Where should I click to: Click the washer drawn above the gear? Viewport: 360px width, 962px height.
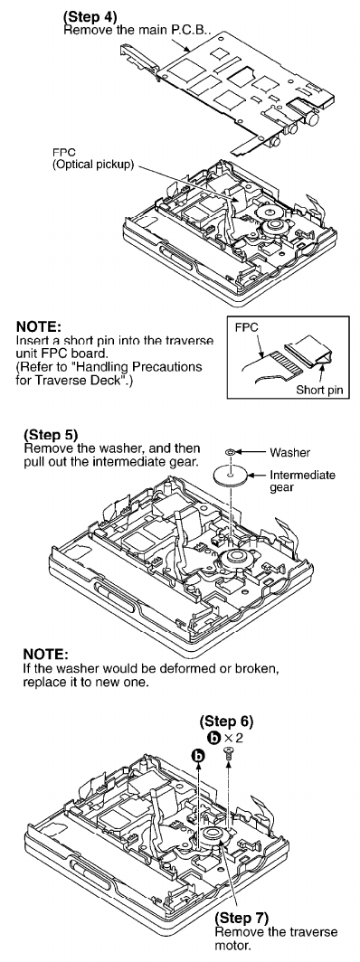tap(229, 453)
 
